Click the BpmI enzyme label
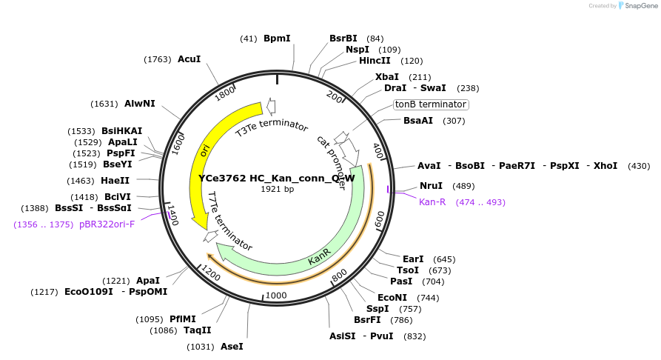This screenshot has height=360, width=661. (277, 38)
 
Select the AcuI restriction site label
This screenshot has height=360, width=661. (189, 59)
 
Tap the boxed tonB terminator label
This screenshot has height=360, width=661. (430, 104)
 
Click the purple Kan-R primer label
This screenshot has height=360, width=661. (432, 201)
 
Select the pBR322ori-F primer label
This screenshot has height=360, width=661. (107, 224)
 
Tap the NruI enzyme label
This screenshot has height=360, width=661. (431, 186)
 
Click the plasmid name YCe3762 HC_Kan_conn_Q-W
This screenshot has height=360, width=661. (277, 178)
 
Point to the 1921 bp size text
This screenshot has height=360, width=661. (277, 189)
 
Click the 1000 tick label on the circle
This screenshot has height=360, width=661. (275, 296)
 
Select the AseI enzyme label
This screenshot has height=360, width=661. (232, 346)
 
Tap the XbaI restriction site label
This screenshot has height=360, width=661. (386, 76)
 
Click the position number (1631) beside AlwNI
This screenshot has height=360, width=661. (104, 104)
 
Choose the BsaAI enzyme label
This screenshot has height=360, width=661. (418, 121)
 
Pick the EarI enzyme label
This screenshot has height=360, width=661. (413, 259)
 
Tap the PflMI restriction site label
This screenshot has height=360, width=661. (183, 319)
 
